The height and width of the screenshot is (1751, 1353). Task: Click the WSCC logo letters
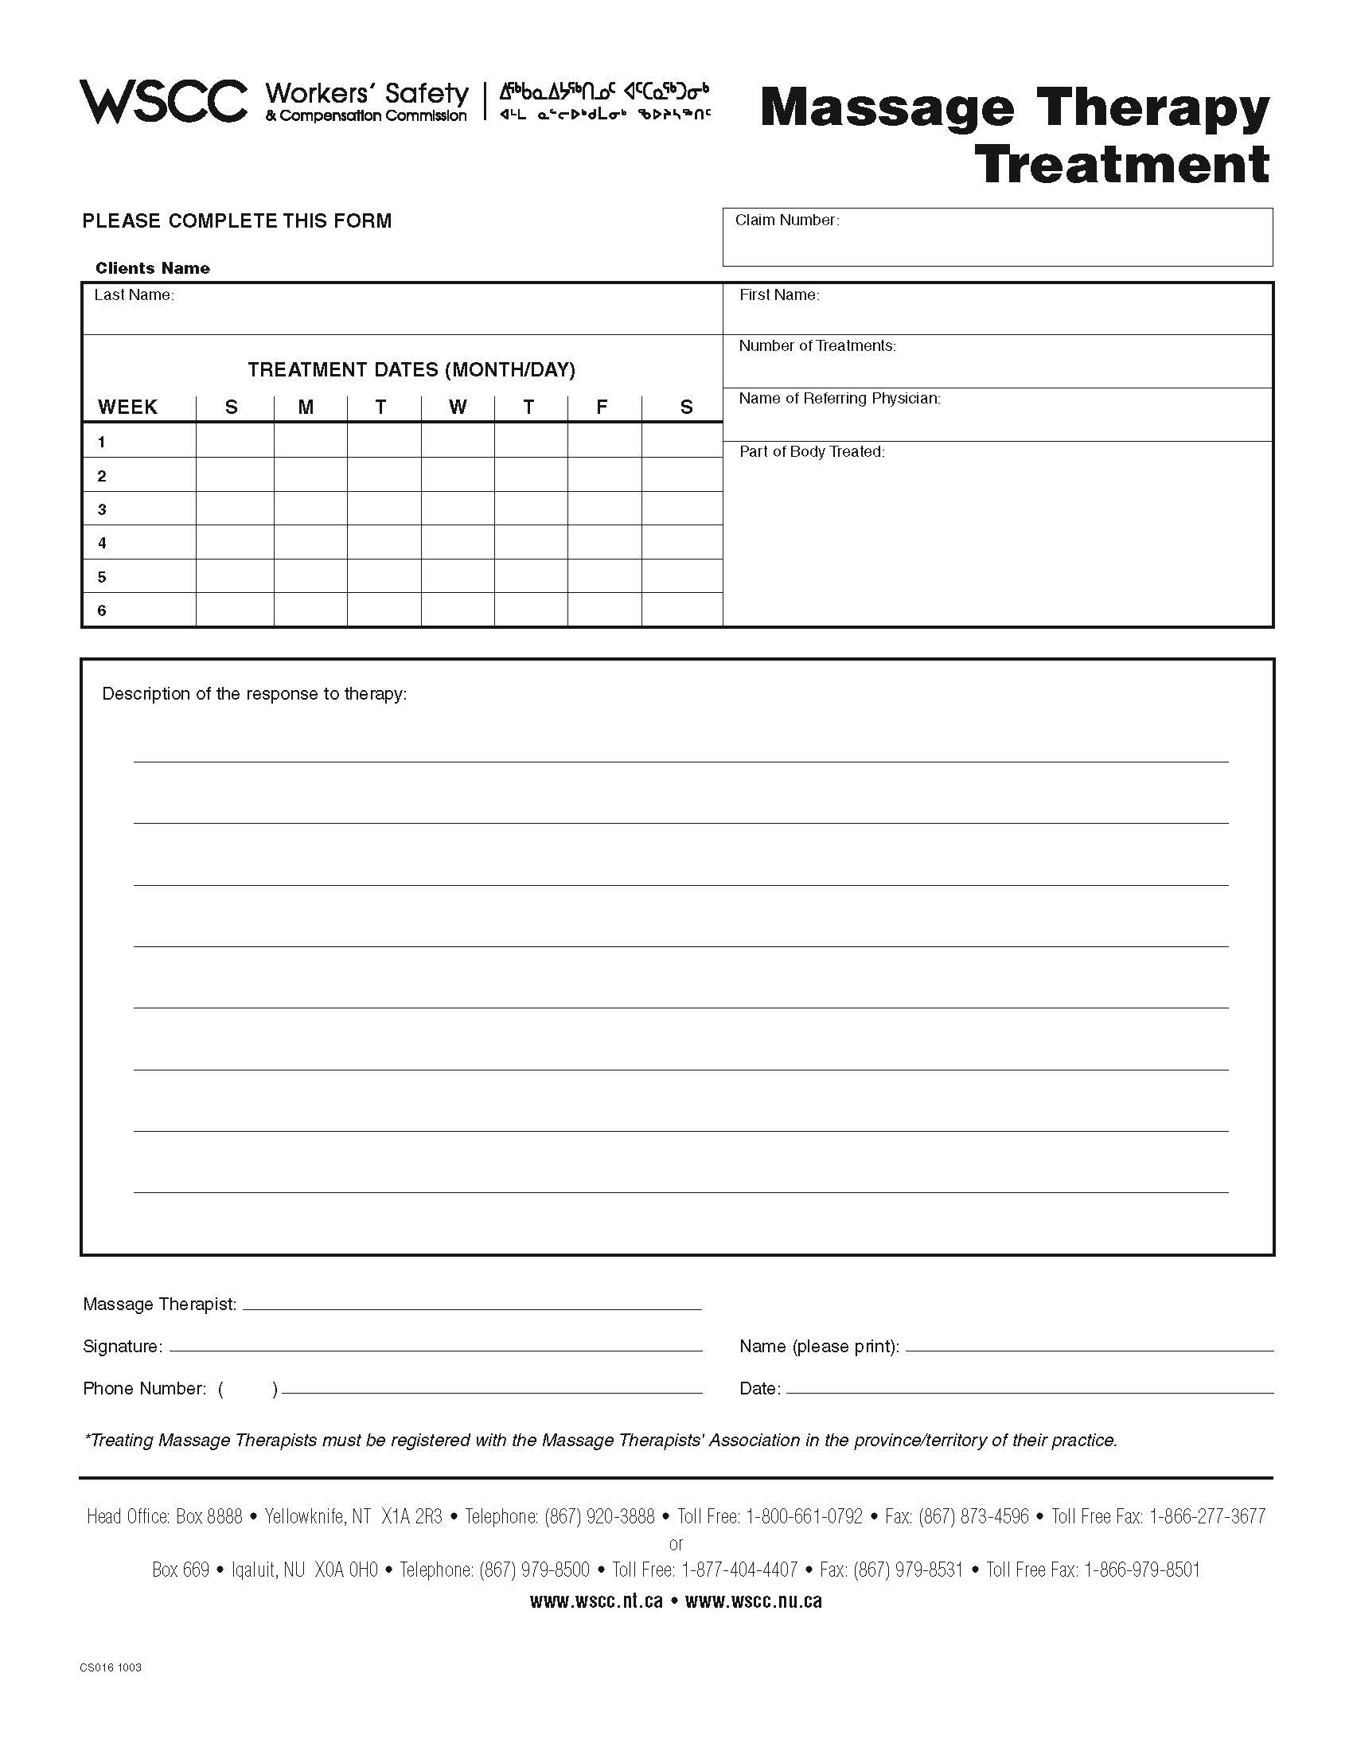pyautogui.click(x=163, y=102)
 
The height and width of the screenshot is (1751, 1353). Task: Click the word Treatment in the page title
pyautogui.click(x=1122, y=165)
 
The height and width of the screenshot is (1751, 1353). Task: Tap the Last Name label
pyautogui.click(x=134, y=295)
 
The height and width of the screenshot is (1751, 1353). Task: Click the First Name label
pyautogui.click(x=779, y=295)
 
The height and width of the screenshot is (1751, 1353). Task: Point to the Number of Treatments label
pyautogui.click(x=817, y=346)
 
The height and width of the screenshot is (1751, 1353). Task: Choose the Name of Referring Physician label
pyautogui.click(x=839, y=399)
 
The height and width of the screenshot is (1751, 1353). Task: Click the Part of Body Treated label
pyautogui.click(x=812, y=452)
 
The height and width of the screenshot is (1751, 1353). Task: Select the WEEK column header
pyautogui.click(x=128, y=408)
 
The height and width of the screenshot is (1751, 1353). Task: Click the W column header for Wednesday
pyautogui.click(x=458, y=408)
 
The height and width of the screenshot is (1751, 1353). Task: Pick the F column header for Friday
pyautogui.click(x=602, y=408)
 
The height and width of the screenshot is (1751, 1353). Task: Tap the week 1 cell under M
pyautogui.click(x=310, y=441)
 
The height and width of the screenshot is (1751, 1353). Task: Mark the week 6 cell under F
pyautogui.click(x=603, y=610)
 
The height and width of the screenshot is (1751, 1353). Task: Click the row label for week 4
pyautogui.click(x=103, y=544)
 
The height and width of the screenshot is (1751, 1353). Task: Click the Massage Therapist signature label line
pyautogui.click(x=471, y=1304)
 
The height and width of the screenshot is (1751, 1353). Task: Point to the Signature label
pyautogui.click(x=123, y=1347)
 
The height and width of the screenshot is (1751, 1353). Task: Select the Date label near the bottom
pyautogui.click(x=759, y=1389)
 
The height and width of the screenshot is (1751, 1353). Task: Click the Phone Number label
pyautogui.click(x=144, y=1389)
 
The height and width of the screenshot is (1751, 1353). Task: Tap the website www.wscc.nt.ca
pyautogui.click(x=596, y=1601)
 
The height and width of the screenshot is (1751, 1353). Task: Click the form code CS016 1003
pyautogui.click(x=111, y=1667)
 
